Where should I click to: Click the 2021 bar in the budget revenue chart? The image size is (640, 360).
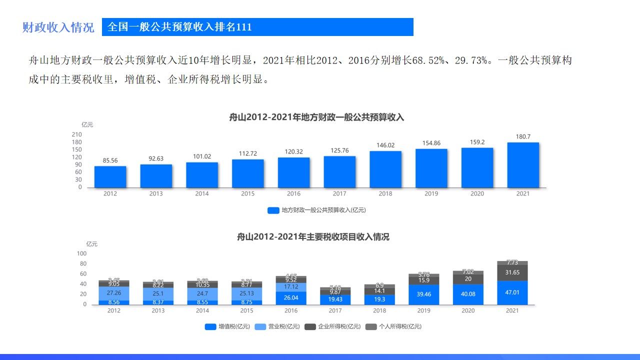[523, 165]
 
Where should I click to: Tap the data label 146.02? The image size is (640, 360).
[385, 145]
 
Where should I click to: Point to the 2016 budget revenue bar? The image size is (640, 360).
[293, 172]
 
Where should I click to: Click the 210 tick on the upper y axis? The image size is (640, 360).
[76, 134]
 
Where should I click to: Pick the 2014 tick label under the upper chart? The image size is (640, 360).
[202, 194]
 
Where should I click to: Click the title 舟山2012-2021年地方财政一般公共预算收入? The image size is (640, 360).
[316, 118]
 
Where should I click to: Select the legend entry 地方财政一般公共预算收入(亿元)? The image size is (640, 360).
[317, 210]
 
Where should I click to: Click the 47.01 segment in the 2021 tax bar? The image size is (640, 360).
[512, 292]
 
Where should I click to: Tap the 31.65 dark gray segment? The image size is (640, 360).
[512, 272]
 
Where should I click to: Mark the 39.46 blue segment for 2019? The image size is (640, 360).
[423, 294]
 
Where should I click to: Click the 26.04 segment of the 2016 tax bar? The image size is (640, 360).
[291, 297]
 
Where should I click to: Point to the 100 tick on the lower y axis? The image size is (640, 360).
[81, 253]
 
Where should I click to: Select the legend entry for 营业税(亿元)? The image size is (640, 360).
[277, 326]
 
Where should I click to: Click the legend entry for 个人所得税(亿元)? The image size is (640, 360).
[393, 326]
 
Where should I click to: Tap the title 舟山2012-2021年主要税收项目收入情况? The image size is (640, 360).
[313, 237]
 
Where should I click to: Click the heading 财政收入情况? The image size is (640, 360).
[58, 27]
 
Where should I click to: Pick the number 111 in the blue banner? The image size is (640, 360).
[243, 27]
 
